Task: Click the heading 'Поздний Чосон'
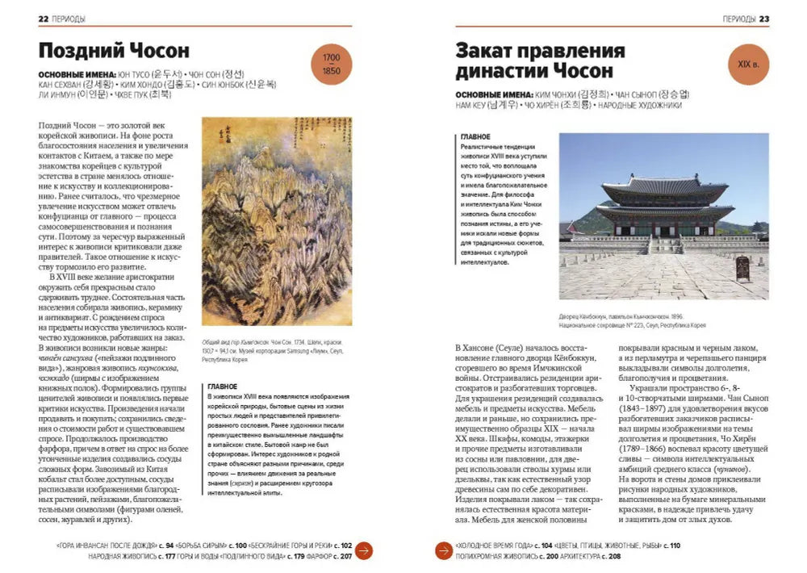(114, 49)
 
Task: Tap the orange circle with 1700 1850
(331, 65)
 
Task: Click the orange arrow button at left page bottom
(364, 550)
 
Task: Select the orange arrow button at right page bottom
(443, 550)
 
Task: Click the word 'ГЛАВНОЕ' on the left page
(223, 387)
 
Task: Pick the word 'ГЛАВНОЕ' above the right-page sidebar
(475, 138)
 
